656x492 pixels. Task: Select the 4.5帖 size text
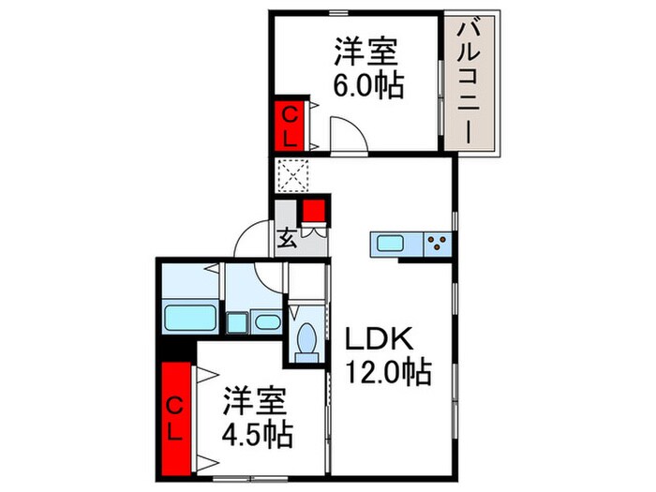[x=257, y=434]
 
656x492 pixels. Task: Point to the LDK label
[x=374, y=337]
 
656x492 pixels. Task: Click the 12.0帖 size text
[x=391, y=372]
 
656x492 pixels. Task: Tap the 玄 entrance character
[x=287, y=237]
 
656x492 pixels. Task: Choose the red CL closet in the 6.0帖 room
[x=291, y=126]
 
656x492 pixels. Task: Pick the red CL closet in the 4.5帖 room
[x=175, y=416]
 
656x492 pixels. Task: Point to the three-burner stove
[x=437, y=244]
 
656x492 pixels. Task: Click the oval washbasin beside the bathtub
[x=267, y=322]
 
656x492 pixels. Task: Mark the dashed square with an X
[x=291, y=175]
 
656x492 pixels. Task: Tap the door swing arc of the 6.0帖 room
[x=343, y=135]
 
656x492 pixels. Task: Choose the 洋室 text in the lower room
[x=256, y=402]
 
